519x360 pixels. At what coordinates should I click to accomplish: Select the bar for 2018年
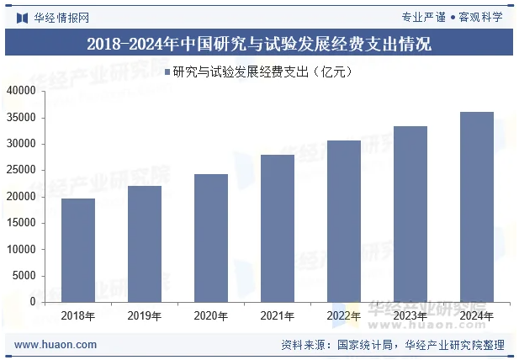pyautogui.click(x=78, y=250)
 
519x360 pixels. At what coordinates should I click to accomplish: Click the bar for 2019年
pyautogui.click(x=145, y=244)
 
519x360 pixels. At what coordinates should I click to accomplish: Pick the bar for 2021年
pyautogui.click(x=278, y=228)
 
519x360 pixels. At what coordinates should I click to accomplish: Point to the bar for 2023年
pyautogui.click(x=410, y=214)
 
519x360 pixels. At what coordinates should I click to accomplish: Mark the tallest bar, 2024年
pyautogui.click(x=477, y=207)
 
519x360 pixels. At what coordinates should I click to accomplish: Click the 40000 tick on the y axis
pyautogui.click(x=22, y=91)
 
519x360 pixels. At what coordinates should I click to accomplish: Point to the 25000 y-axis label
pyautogui.click(x=22, y=170)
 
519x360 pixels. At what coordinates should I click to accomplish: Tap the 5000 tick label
pyautogui.click(x=24, y=275)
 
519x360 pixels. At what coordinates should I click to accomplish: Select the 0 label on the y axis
pyautogui.click(x=33, y=301)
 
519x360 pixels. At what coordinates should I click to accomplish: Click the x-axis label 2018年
pyautogui.click(x=78, y=316)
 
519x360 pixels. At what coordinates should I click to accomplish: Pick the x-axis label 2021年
pyautogui.click(x=278, y=316)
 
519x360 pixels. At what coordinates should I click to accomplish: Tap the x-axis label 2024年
pyautogui.click(x=477, y=316)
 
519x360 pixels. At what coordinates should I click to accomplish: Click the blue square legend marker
pyautogui.click(x=167, y=71)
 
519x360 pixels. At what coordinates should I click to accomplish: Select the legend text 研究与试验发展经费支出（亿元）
pyautogui.click(x=262, y=71)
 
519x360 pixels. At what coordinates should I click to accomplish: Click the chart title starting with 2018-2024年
pyautogui.click(x=259, y=43)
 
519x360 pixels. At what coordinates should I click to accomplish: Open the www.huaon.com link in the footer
pyautogui.click(x=56, y=344)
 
